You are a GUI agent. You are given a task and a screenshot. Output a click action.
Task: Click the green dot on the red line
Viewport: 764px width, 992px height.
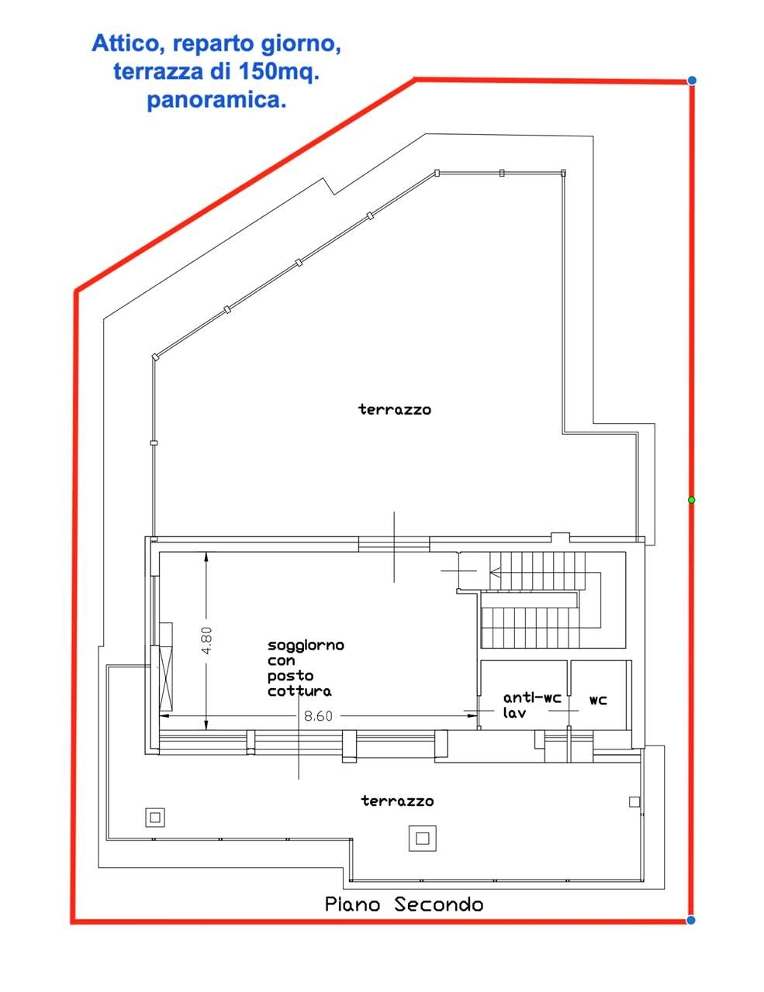[x=691, y=500]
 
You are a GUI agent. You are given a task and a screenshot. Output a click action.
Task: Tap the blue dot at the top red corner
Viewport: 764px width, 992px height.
[x=691, y=81]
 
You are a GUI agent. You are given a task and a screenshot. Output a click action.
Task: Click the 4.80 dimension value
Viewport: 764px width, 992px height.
[x=207, y=640]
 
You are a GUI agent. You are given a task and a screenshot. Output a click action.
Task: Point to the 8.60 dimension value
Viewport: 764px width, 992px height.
[x=318, y=716]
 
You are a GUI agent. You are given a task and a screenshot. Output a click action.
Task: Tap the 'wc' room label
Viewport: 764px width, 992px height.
[x=598, y=700]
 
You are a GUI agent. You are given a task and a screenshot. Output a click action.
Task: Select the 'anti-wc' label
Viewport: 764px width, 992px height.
[x=532, y=697]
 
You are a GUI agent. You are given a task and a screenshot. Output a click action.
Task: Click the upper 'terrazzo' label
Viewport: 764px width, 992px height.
[x=395, y=409]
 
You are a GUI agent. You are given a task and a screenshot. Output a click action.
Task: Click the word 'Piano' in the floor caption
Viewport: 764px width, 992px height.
[x=352, y=904]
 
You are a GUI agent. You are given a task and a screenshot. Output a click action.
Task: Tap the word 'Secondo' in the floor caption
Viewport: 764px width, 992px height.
[x=439, y=904]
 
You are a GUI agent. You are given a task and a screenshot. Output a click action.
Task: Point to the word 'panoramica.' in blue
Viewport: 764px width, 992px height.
[x=216, y=100]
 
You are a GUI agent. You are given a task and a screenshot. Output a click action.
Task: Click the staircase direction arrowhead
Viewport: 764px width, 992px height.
[x=495, y=570]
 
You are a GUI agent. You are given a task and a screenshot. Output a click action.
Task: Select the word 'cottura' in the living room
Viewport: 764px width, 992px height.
[x=299, y=691]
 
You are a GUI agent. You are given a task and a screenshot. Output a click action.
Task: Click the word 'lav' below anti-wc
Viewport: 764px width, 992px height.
[x=514, y=713]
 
